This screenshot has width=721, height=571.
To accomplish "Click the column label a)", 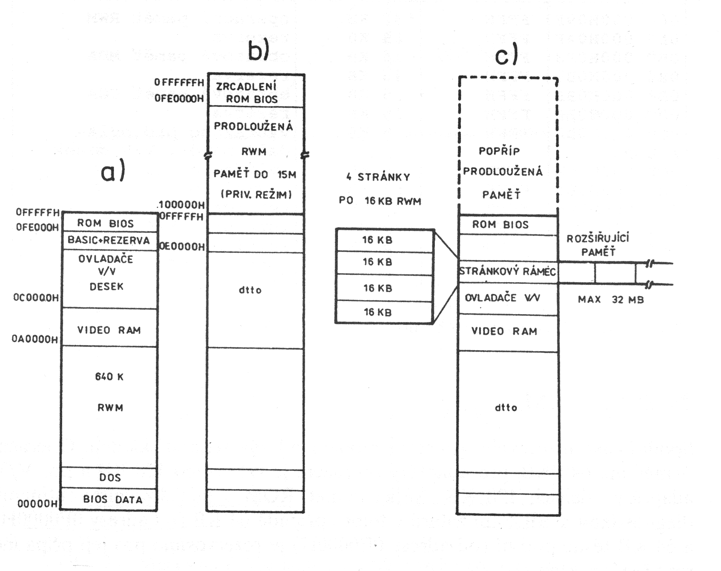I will coord(113,172).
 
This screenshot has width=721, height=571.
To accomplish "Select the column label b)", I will coord(259,50).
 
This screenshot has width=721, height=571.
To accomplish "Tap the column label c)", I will coord(507,55).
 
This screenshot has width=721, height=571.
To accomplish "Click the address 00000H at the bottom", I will coord(37,503).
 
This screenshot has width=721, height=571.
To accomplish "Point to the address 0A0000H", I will coord(35,339).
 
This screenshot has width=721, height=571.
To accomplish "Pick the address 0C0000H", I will coord(36,297).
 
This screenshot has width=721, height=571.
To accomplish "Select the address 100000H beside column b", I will coord(181,205).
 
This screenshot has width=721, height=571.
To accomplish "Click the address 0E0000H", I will coord(182,247).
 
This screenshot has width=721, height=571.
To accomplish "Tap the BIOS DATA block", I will coord(113,499).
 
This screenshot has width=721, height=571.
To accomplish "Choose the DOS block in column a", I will coord(110,477).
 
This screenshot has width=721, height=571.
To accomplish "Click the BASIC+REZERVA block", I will coord(109,240).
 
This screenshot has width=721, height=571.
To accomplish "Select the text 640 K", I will coord(110,377).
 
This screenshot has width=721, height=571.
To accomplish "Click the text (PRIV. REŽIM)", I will coord(256,195).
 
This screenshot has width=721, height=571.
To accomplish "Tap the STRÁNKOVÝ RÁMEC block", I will coord(507,272).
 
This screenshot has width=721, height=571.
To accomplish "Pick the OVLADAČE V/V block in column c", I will coord(502,298).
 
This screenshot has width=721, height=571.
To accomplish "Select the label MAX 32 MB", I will coord(611,300).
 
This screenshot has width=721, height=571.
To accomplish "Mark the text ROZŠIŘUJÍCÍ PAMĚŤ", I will coord(598,245).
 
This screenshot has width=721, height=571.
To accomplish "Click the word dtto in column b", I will coord(250,290).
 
